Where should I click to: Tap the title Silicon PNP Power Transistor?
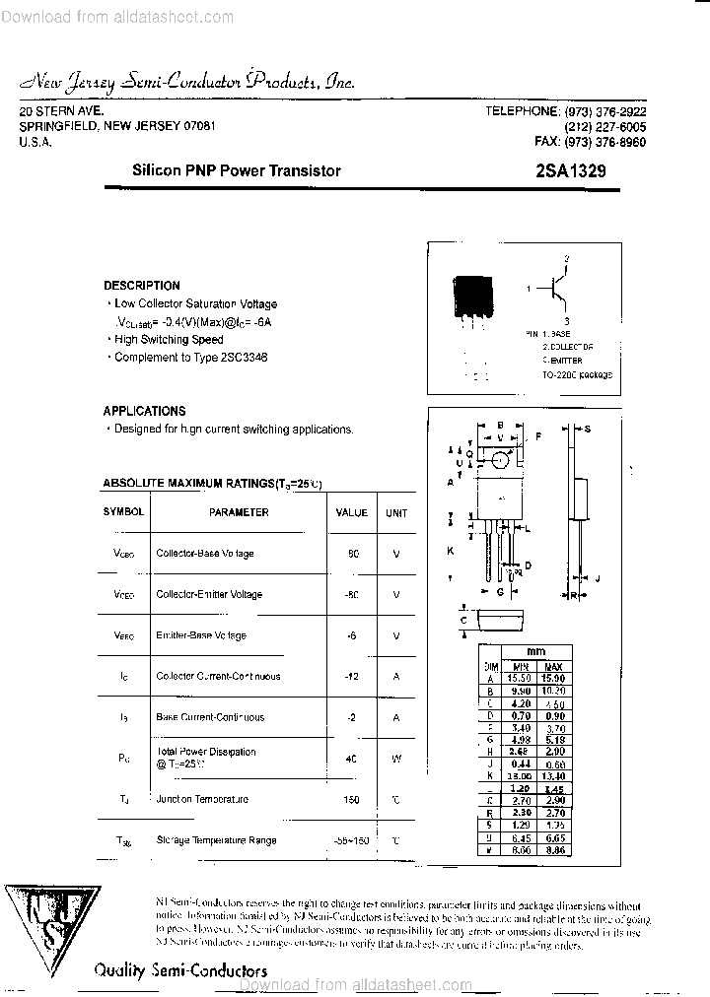pos(237,170)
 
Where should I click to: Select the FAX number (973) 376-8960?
pos(590,142)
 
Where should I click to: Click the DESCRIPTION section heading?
pos(142,286)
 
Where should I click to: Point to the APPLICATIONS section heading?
pos(144,411)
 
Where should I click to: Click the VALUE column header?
pos(351,512)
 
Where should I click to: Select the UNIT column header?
pos(396,512)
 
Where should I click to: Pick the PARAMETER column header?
pos(239,512)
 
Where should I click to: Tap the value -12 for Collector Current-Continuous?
pos(352,677)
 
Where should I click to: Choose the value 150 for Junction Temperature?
pos(352,799)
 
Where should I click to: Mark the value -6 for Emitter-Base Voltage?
pos(352,635)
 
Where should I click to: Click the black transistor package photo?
pos(472,296)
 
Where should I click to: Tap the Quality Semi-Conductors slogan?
pos(180,970)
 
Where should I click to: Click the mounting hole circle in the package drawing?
pos(501,459)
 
